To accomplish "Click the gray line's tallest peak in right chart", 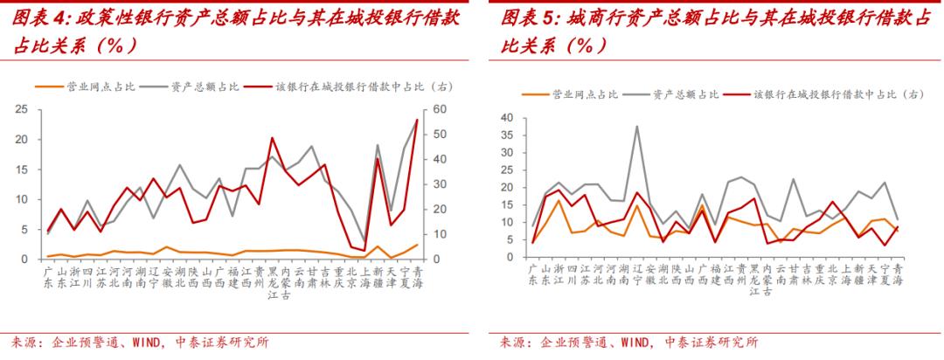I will [x=637, y=126].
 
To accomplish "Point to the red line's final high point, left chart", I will [x=416, y=119].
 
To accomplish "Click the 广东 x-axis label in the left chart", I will [x=50, y=277].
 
